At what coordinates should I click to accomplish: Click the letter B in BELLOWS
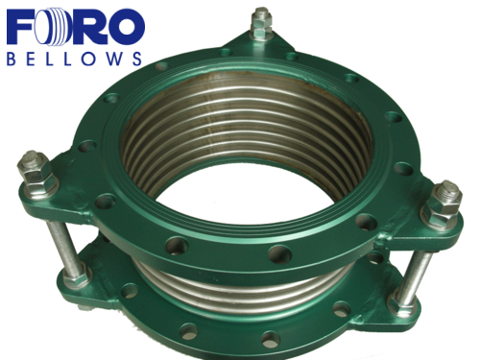click(x=12, y=59)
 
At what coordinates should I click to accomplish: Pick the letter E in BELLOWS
click(x=31, y=59)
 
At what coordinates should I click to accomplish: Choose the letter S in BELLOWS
click(x=137, y=59)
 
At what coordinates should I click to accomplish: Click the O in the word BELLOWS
click(x=87, y=59)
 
